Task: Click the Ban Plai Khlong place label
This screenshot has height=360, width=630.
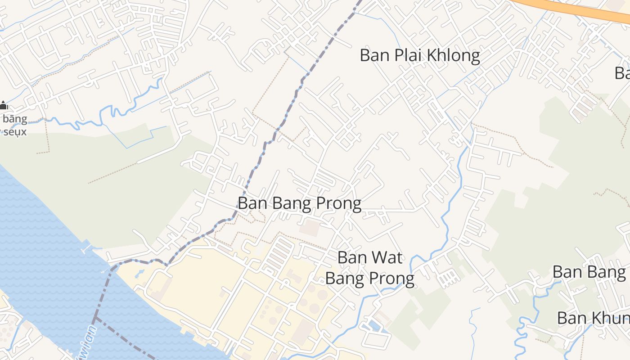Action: (x=419, y=55)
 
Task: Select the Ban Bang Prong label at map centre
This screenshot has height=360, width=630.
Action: (x=299, y=203)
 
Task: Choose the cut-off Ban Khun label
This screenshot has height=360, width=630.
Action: (x=593, y=318)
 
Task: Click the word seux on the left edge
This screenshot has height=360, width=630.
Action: (x=15, y=132)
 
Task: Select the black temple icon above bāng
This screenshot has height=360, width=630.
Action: (x=3, y=106)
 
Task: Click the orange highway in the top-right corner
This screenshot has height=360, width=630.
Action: (x=585, y=10)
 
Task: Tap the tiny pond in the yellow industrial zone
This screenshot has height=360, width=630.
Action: (x=140, y=273)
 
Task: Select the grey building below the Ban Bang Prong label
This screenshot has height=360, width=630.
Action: (x=310, y=228)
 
